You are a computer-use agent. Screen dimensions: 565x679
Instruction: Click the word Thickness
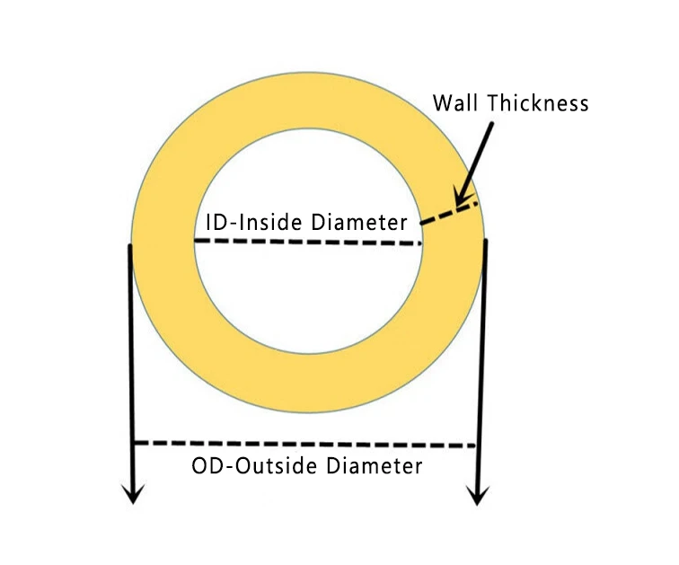coord(538,102)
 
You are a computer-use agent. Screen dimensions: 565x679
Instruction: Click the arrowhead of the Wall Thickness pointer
coord(459,199)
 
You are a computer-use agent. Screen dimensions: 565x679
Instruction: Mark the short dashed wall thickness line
coord(446,214)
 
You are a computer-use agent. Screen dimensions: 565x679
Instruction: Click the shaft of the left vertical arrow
coord(132,359)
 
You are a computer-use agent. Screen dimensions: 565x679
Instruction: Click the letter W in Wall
coord(443,102)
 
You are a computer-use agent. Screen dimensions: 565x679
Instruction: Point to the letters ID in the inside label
coord(215,222)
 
